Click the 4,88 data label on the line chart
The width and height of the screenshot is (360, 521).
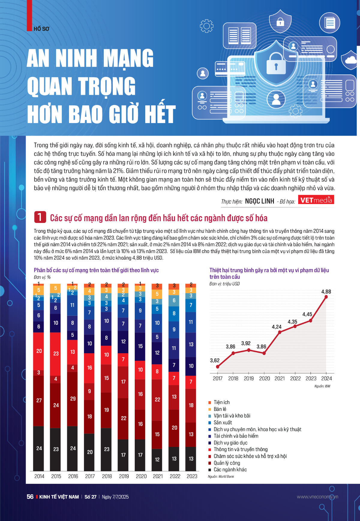326,292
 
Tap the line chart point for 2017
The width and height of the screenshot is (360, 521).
218,367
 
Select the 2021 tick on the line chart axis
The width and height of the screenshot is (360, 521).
280,378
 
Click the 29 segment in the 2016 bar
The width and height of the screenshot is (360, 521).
73,399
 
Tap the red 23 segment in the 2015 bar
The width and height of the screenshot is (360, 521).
56,354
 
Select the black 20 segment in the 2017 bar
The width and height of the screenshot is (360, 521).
89,452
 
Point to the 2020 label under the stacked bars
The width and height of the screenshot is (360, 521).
141,476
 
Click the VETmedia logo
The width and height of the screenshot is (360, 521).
316,200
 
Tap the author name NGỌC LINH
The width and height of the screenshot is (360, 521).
259,201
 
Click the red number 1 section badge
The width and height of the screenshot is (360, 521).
40,217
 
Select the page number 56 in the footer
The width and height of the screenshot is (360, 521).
30,497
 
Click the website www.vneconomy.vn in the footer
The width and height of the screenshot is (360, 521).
317,497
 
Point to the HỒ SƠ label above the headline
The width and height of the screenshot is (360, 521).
41,29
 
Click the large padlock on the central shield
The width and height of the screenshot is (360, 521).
276,63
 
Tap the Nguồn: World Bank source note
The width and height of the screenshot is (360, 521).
221,477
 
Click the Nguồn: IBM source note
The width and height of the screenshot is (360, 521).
322,386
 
